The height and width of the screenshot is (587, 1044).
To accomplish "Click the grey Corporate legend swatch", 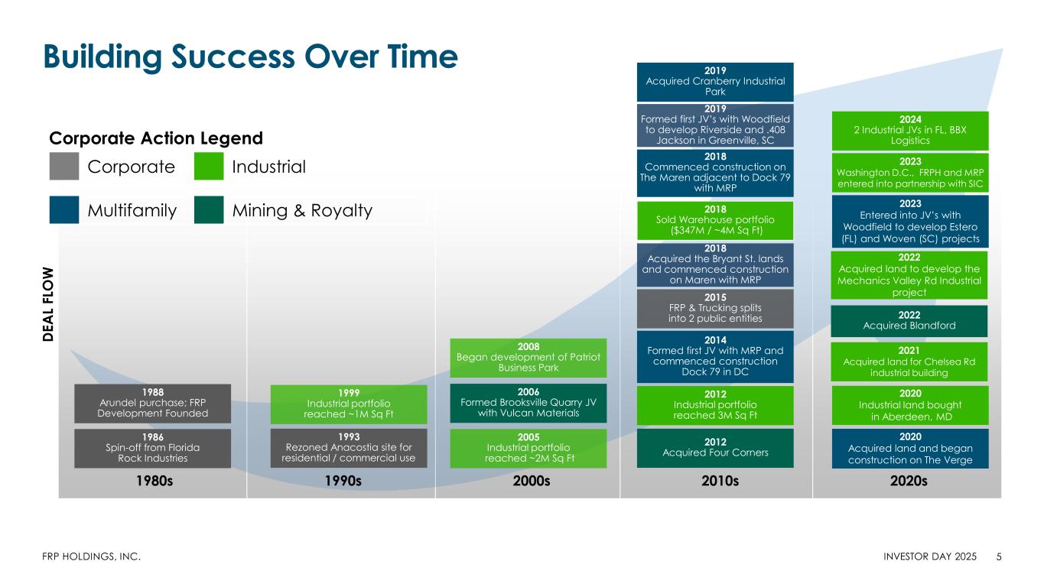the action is (x=63, y=167).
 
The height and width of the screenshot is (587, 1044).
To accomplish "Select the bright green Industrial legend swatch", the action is (x=209, y=167).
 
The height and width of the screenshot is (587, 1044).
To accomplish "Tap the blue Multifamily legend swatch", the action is (x=63, y=210).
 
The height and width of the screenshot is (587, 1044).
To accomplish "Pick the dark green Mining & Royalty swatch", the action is (x=209, y=210).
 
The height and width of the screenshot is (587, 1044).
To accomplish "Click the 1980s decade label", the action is (x=154, y=481).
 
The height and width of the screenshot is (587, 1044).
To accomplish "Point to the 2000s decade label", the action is (x=532, y=481).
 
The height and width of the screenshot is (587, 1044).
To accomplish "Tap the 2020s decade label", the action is (x=909, y=481).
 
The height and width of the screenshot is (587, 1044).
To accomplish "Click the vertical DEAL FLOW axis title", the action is (x=48, y=304).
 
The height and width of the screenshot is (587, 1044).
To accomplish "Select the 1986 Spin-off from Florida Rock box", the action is (x=152, y=449).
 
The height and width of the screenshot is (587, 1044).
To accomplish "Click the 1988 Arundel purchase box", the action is (x=152, y=404).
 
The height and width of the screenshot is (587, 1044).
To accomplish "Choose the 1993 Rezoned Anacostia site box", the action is (x=349, y=449).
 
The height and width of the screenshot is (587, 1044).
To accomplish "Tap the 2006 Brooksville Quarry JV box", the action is (x=528, y=404).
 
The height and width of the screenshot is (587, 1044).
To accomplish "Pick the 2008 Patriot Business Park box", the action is (x=528, y=358).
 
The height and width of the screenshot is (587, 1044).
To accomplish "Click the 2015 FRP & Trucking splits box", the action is (x=715, y=309).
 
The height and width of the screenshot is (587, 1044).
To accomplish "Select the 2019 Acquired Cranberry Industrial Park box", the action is (x=715, y=82).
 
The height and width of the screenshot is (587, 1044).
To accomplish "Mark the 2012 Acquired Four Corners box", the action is (x=715, y=448).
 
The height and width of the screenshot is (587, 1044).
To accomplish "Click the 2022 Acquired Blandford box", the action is (x=909, y=321).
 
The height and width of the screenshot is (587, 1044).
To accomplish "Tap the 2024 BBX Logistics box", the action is (x=910, y=131).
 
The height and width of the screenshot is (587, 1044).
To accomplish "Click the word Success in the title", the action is (x=233, y=57).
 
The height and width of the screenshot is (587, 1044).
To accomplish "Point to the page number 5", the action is (x=999, y=556).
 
